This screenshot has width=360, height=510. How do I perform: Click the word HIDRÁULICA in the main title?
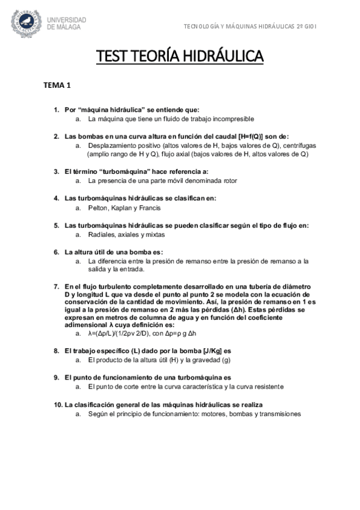pos(222,57)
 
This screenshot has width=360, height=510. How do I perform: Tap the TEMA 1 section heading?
pos(56,85)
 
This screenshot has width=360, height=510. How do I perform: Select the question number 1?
pos(56,110)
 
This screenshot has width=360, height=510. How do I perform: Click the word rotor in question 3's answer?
pos(230,180)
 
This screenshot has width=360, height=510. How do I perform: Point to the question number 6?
pos(56,252)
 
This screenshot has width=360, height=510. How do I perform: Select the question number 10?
pos(58,405)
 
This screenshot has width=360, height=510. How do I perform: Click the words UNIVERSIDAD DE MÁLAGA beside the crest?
pos(67,23)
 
